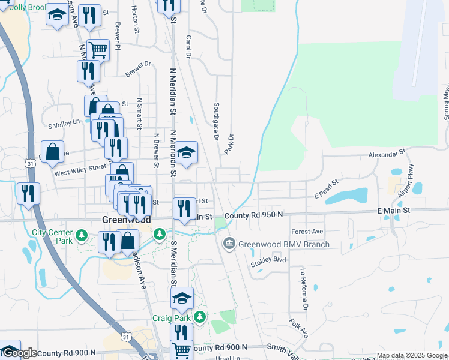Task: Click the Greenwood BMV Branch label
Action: pos(284,244)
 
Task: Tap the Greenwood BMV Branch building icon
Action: pos(229,244)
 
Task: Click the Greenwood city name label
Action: pos(119,220)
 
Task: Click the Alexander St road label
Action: pos(387,154)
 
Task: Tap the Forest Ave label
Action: pos(307,232)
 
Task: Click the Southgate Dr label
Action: pos(215,121)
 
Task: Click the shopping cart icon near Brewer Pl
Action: pos(98,50)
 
